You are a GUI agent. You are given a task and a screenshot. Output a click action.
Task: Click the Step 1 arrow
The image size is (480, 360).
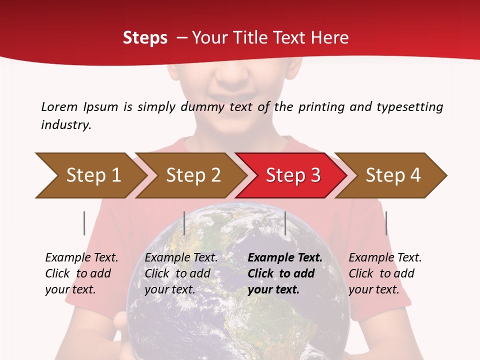pyautogui.click(x=92, y=175)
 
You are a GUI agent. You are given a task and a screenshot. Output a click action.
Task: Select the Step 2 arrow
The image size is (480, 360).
pyautogui.click(x=192, y=175)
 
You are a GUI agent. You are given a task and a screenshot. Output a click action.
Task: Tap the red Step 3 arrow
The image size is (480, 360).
pyautogui.click(x=292, y=175)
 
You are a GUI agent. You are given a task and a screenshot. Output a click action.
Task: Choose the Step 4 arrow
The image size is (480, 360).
pyautogui.click(x=392, y=175)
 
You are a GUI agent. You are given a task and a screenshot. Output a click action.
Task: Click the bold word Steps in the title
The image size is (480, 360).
pyautogui.click(x=145, y=38)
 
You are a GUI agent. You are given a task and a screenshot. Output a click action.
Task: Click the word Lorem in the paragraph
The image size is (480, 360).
pyautogui.click(x=59, y=107)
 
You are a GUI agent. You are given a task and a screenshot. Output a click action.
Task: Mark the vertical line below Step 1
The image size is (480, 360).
pyautogui.click(x=84, y=223)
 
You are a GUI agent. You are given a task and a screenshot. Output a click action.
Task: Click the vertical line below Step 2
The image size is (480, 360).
pyautogui.click(x=184, y=223)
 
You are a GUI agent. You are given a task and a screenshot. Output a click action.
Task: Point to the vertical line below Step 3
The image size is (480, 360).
pyautogui.click(x=285, y=223)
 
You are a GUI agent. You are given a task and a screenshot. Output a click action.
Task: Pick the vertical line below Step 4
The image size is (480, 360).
pyautogui.click(x=386, y=223)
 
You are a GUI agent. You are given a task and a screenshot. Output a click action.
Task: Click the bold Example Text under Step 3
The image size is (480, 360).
pyautogui.click(x=285, y=258)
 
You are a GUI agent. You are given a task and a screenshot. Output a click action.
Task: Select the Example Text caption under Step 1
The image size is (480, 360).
pyautogui.click(x=81, y=258)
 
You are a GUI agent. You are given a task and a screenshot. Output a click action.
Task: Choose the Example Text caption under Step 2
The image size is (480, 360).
pyautogui.click(x=181, y=258)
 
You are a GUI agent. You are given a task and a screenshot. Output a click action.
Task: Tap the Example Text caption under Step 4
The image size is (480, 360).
pyautogui.click(x=385, y=258)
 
